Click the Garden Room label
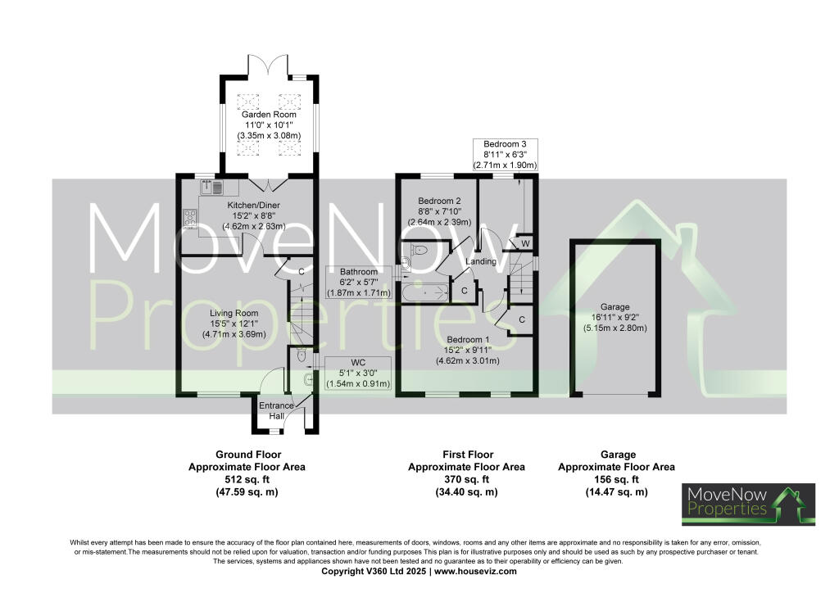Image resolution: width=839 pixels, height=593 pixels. pos(268,115)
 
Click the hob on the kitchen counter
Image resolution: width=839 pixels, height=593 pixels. pos(190,218)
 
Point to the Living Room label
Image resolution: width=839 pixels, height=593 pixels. pos(234,313)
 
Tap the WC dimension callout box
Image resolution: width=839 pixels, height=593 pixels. pos(358,373)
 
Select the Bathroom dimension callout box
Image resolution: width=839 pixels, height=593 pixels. pos(359,282)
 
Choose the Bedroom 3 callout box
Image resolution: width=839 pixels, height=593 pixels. pos(505,154)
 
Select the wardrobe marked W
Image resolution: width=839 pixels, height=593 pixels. pos(524,243)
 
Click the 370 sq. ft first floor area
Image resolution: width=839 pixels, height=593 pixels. pos(466,480)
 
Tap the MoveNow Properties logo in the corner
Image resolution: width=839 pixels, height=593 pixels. pos(732,504)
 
